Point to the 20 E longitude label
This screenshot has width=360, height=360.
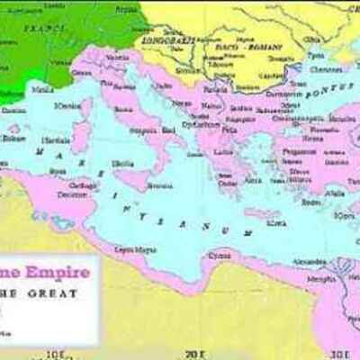193,354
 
